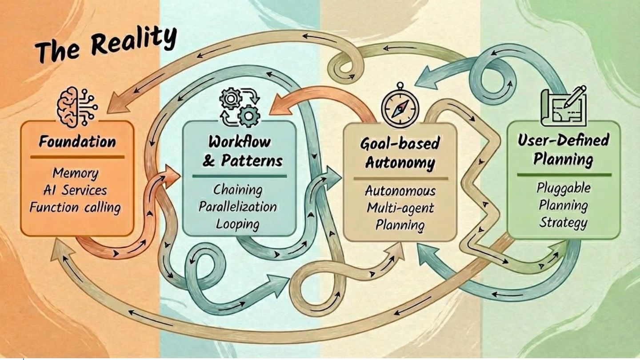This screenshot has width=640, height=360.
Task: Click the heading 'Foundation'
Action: [77, 142]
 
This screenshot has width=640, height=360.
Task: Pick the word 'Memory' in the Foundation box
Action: [75, 172]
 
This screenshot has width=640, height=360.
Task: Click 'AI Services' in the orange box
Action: [75, 190]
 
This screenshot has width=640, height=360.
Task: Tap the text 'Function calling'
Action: [75, 207]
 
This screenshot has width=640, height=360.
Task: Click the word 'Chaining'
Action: [238, 190]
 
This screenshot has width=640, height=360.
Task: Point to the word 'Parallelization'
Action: [238, 207]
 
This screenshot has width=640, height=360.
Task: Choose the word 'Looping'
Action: [238, 224]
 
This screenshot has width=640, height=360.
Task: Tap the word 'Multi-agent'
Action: [400, 208]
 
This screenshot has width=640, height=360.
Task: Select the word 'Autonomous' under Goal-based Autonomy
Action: [400, 191]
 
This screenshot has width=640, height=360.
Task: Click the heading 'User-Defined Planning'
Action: [563, 150]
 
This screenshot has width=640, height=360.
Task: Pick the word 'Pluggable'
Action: [563, 188]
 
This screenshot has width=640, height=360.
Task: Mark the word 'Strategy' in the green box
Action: [563, 222]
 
